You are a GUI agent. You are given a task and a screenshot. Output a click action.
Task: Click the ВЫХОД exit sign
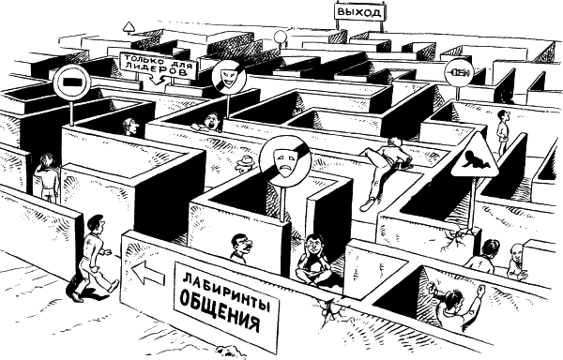click(x=359, y=12)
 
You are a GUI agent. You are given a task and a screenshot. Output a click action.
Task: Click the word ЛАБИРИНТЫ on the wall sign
click(x=226, y=290)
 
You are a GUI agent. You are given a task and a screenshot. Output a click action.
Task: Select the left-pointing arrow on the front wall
click(x=148, y=273)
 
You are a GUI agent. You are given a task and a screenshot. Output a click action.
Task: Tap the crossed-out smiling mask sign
click(x=228, y=78)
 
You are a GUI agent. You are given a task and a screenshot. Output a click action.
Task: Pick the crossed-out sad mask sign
click(x=285, y=160)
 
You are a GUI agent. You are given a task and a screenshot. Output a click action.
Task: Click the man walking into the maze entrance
click(x=94, y=258)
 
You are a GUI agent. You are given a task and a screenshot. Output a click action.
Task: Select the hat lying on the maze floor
click(x=246, y=162)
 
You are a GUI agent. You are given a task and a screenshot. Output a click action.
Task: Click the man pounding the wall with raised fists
click(x=457, y=306)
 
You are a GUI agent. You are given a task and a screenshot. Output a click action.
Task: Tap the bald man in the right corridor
click(x=517, y=262)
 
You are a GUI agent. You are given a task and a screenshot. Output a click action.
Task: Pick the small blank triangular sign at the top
click(x=129, y=26)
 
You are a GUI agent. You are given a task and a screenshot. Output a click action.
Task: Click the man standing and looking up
click(x=503, y=131)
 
